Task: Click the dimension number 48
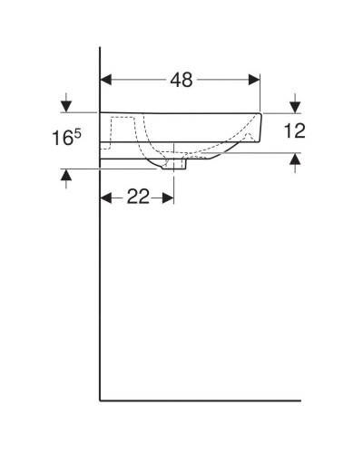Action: click(181, 80)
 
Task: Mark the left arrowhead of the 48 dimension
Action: click(104, 79)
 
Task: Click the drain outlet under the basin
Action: click(174, 167)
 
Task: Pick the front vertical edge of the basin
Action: click(263, 127)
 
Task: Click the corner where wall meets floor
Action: click(99, 399)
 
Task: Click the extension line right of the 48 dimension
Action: click(261, 91)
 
